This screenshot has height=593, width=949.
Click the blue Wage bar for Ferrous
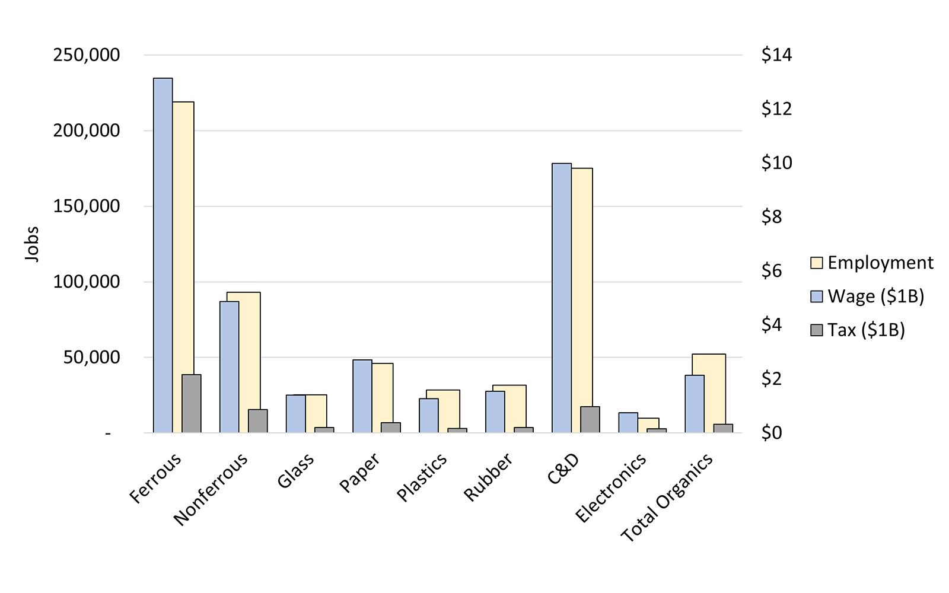coord(163,255)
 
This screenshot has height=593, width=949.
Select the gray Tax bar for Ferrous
coord(191,403)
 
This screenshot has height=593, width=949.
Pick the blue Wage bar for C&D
coord(561,296)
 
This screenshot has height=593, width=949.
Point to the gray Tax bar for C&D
coord(590,419)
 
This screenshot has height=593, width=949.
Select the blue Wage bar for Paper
coord(362,396)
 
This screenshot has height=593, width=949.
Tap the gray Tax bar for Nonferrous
coord(257,421)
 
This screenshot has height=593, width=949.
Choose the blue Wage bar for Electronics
coord(628,422)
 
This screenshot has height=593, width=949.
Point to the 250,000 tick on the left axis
coord(87,55)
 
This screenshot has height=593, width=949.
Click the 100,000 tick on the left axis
coord(87,282)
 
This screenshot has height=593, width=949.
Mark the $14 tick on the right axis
coord(776,55)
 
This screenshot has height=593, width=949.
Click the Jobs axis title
coord(32,244)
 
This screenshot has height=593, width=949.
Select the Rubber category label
coord(488,478)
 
